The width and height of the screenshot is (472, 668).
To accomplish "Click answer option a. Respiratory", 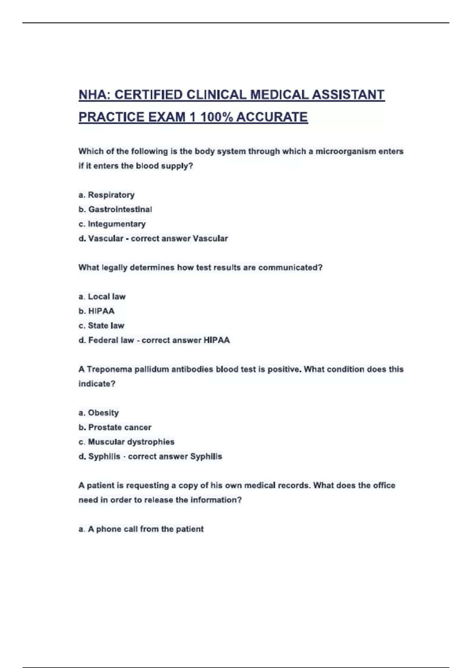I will click(x=107, y=195).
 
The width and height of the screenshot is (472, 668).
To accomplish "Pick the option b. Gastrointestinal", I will click(x=115, y=209).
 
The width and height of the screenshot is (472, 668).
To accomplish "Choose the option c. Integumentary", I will click(x=112, y=224).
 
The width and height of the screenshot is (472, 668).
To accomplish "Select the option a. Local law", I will click(x=102, y=297).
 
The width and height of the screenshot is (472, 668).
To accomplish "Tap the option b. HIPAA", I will click(x=97, y=311).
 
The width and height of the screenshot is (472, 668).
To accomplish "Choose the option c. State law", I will click(x=101, y=326).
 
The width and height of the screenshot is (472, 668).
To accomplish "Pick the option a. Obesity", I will click(x=99, y=413).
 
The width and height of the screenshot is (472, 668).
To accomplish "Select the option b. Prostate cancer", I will click(x=115, y=428).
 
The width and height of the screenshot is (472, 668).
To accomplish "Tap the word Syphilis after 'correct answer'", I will click(x=206, y=457).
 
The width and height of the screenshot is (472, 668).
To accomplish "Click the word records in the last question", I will click(x=294, y=486).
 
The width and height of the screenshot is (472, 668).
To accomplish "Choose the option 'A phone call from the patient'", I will click(x=141, y=529).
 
